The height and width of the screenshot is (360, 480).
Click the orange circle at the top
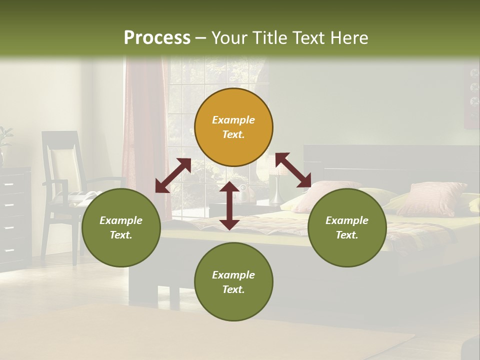click(x=233, y=127)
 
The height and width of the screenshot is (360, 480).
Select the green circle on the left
click(x=121, y=228)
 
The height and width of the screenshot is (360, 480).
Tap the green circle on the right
click(x=346, y=228)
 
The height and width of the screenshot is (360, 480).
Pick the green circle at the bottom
click(x=233, y=282)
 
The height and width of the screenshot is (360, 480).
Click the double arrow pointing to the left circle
click(x=173, y=175)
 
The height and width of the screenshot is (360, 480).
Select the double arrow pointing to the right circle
click(x=293, y=170)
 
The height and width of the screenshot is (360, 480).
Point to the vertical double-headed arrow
click(x=229, y=205)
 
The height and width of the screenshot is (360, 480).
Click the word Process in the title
click(x=157, y=37)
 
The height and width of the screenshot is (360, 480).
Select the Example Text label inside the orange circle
click(x=233, y=127)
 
